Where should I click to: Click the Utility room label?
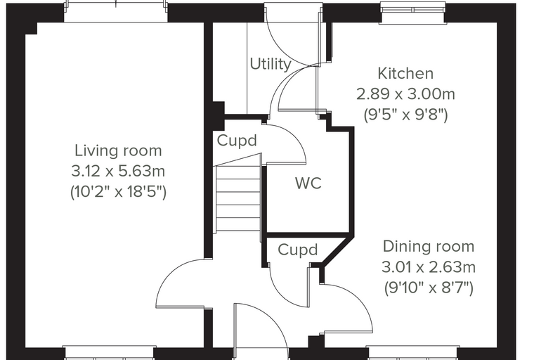(271, 64)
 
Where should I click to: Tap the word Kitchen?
(405, 74)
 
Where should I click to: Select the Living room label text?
(118, 150)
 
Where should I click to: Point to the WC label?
(308, 183)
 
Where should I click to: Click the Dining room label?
(429, 247)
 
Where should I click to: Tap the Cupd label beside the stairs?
(237, 141)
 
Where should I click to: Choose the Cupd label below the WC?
(298, 250)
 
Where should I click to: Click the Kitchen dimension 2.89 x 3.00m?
(405, 94)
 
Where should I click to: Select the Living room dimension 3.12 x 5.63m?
(118, 171)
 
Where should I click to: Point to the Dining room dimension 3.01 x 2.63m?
(429, 267)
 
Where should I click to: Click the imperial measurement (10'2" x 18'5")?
(118, 192)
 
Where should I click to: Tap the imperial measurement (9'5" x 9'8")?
(405, 115)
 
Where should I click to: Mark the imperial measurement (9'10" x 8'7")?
(429, 288)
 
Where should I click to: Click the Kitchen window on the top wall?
(412, 10)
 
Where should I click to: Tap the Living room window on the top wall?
(116, 11)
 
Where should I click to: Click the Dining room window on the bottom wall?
(412, 353)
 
